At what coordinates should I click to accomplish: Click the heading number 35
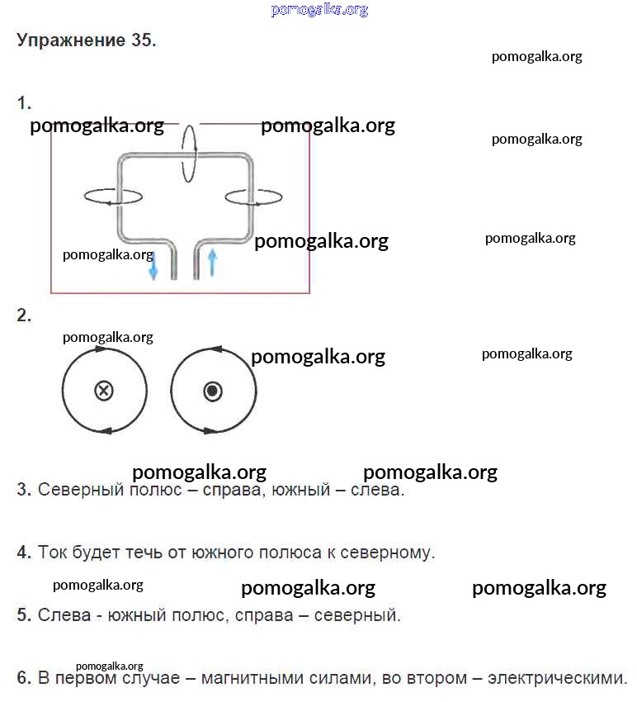pos(141,41)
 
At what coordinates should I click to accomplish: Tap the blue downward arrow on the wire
pos(153,267)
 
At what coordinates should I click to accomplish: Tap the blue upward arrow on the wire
pos(212,262)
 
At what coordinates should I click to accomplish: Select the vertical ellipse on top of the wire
pos(190,153)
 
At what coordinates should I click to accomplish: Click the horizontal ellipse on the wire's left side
pos(112,196)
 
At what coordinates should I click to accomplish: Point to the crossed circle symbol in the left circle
pos(104,391)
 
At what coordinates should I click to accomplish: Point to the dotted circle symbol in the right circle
pos(213,391)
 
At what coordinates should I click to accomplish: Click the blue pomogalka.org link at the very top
pos(318,10)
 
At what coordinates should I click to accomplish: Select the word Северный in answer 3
pos(75,490)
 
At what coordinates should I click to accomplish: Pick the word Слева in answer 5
pos(59,615)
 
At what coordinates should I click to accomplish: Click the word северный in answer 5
pos(358,615)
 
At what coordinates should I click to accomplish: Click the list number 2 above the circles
pos(23,315)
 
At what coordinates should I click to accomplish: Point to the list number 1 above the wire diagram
pos(23,103)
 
